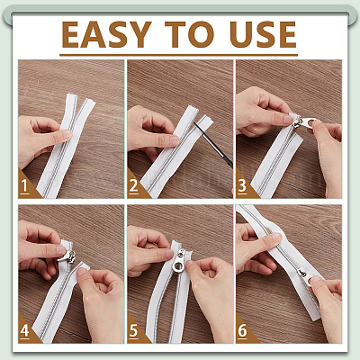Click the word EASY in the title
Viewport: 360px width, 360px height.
[106, 34]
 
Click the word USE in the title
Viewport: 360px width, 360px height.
[263, 34]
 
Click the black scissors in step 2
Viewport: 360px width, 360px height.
[213, 144]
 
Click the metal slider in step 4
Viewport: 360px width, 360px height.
[69, 257]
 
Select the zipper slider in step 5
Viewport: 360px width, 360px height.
[179, 260]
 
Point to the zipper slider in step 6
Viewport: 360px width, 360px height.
[305, 277]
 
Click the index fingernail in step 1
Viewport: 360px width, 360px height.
[67, 134]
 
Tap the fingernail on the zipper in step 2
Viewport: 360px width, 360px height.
[175, 139]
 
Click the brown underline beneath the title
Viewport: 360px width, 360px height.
[178, 55]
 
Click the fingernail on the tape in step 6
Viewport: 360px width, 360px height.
[276, 238]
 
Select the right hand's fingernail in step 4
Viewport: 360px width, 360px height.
[81, 272]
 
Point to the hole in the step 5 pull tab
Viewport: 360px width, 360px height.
[178, 266]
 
